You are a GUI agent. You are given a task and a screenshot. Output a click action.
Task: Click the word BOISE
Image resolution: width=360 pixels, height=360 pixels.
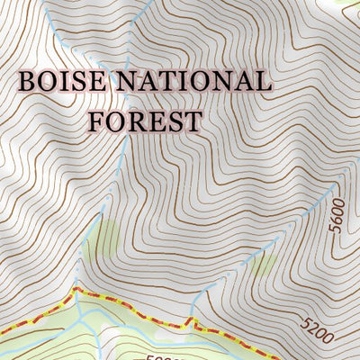pos(59,81)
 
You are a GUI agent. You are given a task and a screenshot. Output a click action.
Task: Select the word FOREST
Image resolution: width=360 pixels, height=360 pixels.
pos(144,120)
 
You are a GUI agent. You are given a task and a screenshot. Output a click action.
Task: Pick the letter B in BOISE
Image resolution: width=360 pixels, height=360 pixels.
pos(26,81)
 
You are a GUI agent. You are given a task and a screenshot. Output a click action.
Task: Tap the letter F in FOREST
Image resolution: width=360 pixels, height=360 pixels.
pos(95,120)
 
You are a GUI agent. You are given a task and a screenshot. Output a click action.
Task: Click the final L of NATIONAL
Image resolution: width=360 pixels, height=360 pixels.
pos(262,81)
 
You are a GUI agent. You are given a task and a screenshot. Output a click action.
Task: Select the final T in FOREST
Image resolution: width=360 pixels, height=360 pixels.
pos(193,120)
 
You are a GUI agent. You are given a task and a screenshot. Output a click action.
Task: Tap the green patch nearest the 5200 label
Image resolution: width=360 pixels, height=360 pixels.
pos(264,265)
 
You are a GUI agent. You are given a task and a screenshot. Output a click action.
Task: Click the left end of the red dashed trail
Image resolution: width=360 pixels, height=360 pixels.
pos(3,333)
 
